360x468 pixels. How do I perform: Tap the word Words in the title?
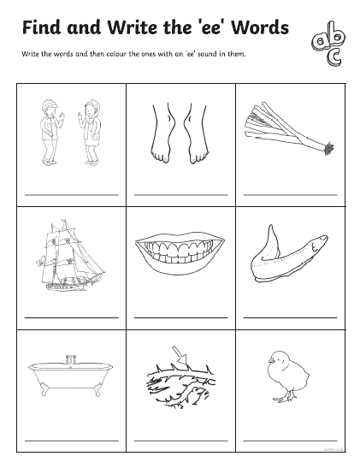pyautogui.click(x=260, y=27)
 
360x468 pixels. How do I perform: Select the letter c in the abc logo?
pyautogui.click(x=334, y=57)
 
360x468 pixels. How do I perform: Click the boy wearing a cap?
pyautogui.click(x=50, y=132)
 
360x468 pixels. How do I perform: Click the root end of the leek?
pyautogui.click(x=328, y=148)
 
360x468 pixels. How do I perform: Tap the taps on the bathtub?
pyautogui.click(x=71, y=358)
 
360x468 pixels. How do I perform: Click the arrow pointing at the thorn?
pyautogui.click(x=180, y=354)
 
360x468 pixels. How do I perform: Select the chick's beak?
pyautogui.click(x=270, y=360)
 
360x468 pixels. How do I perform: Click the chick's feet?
pyautogui.click(x=285, y=397)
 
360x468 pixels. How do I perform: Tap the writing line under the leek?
pyautogui.click(x=290, y=195)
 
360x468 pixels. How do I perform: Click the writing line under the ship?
pyautogui.click(x=72, y=317)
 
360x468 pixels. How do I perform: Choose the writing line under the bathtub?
pyautogui.click(x=72, y=441)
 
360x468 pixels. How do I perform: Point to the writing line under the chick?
pyautogui.click(x=290, y=441)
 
